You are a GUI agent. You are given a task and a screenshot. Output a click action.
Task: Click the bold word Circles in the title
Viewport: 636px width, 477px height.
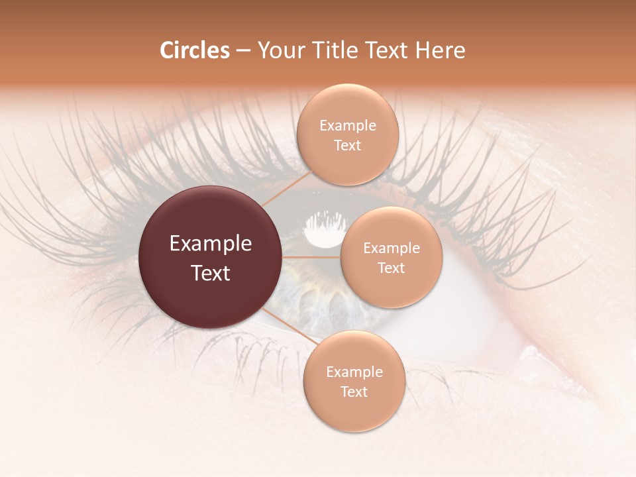pos(194,50)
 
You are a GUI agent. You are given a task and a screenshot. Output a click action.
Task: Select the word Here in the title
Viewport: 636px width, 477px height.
pos(440,50)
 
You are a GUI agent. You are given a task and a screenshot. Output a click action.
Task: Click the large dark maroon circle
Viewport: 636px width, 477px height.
pos(211,258)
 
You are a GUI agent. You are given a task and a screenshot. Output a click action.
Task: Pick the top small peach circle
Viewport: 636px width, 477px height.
pos(348,134)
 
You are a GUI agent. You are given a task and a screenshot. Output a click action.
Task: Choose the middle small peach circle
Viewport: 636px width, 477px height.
pos(391,257)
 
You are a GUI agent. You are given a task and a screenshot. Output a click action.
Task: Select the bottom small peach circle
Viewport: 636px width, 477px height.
pos(354,381)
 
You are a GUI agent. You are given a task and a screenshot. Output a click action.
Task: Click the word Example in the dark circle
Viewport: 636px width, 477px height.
pos(211,244)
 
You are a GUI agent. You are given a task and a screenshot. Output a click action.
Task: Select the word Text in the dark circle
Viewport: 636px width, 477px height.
pos(211,273)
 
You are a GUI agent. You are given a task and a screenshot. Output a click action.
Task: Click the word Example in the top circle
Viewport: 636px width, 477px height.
pos(348,125)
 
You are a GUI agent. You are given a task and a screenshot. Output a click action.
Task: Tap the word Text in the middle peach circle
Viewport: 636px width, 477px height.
pos(391,268)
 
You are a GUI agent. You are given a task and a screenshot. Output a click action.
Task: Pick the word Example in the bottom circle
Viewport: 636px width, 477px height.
pos(354,372)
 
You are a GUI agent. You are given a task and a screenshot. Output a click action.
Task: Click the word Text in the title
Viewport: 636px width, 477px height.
pos(388,50)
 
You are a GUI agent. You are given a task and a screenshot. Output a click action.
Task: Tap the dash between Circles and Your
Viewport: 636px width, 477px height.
pos(243,50)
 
